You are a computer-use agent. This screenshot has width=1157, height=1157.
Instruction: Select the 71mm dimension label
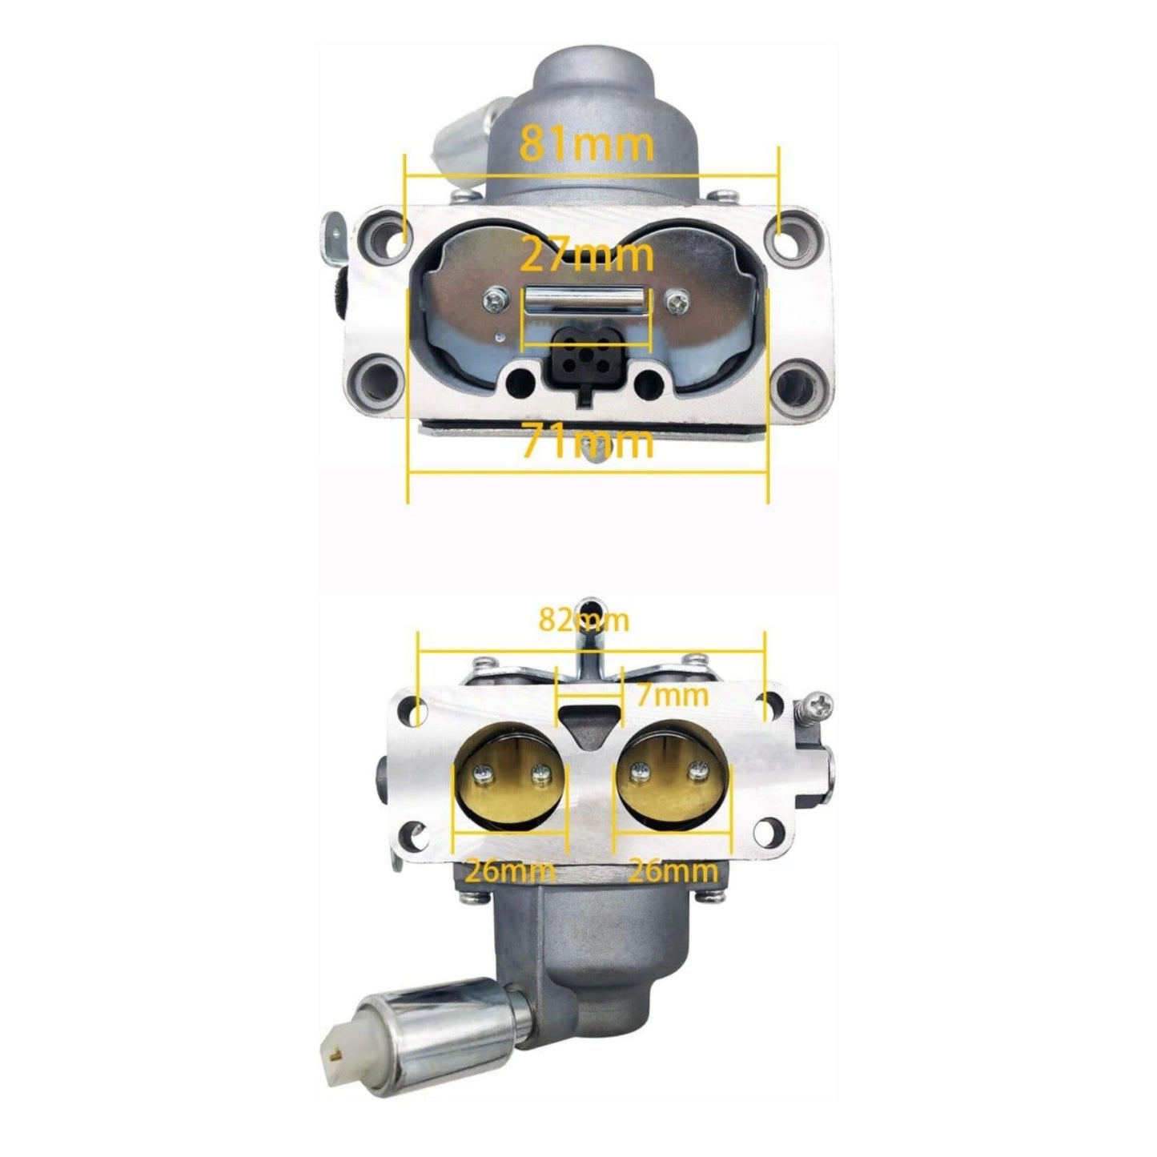click(587, 440)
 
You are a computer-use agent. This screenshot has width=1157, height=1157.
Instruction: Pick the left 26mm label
click(511, 871)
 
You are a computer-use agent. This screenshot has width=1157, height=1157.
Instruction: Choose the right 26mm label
click(673, 871)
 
